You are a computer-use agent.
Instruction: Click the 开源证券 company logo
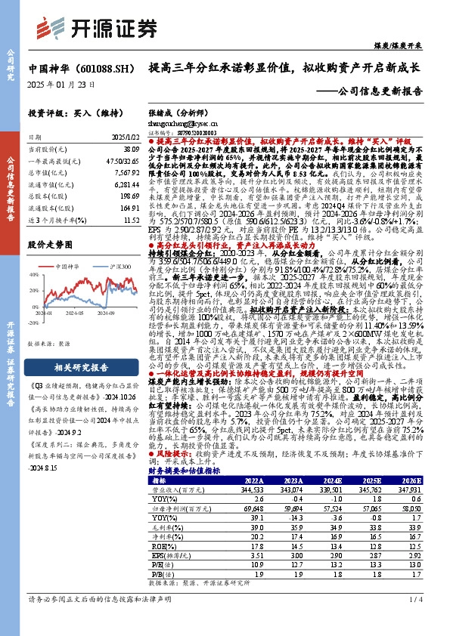tap(90, 27)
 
